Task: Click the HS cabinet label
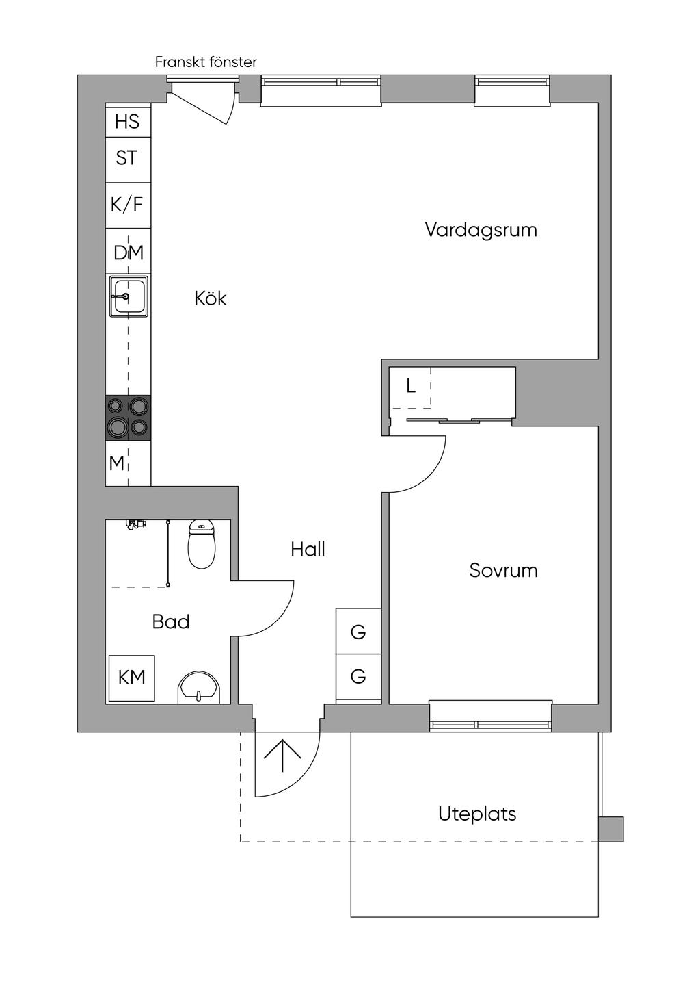click(x=127, y=122)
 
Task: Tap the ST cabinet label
click(x=126, y=158)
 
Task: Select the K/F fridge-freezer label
click(x=127, y=204)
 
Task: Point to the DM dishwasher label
click(x=129, y=253)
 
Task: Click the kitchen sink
click(x=129, y=296)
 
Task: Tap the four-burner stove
click(x=129, y=417)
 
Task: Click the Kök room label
click(x=211, y=298)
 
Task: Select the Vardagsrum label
click(x=481, y=229)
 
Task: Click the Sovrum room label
click(x=503, y=570)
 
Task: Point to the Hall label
click(x=308, y=549)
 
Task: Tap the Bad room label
click(x=171, y=621)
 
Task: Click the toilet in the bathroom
click(x=202, y=545)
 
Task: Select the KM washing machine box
click(x=132, y=678)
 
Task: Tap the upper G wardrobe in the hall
click(x=358, y=632)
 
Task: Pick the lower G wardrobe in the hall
click(x=358, y=677)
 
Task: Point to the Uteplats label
click(x=477, y=814)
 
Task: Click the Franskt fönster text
click(x=206, y=62)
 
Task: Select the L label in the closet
click(x=410, y=387)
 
